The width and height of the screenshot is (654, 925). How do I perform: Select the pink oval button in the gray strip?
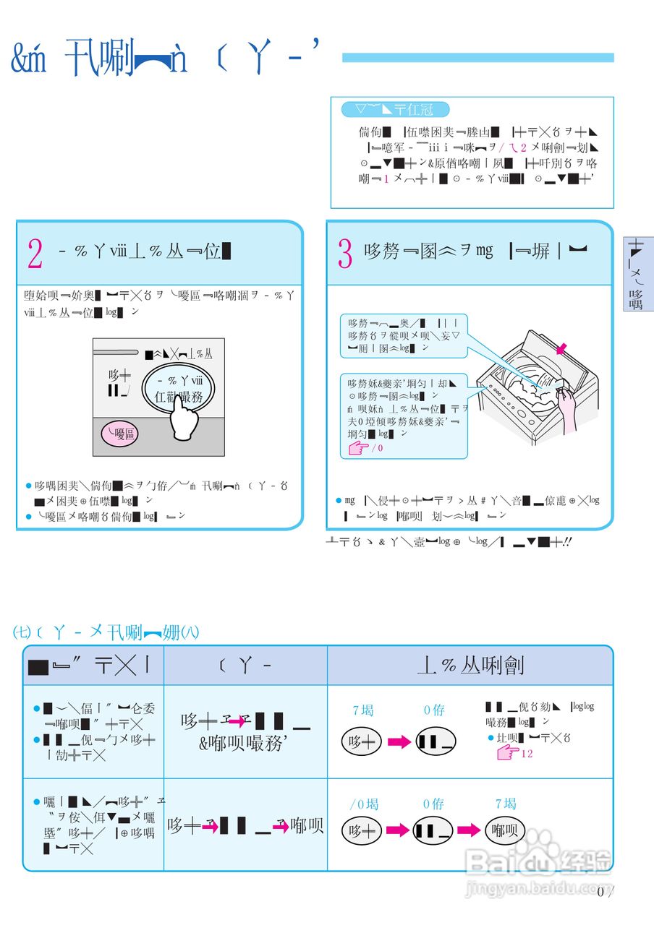[119, 434]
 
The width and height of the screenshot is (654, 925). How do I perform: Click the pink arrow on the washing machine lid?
[561, 349]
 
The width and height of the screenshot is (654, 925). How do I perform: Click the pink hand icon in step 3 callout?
[357, 449]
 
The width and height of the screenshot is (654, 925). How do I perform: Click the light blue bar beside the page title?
[477, 58]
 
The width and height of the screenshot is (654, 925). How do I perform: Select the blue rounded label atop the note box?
[395, 110]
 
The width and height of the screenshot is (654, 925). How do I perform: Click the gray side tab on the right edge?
[638, 274]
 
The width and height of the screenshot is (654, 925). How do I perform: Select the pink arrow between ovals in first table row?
[399, 742]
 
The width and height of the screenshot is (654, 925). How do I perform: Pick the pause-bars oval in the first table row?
[436, 742]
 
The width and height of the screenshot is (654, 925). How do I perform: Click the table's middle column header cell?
[245, 666]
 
